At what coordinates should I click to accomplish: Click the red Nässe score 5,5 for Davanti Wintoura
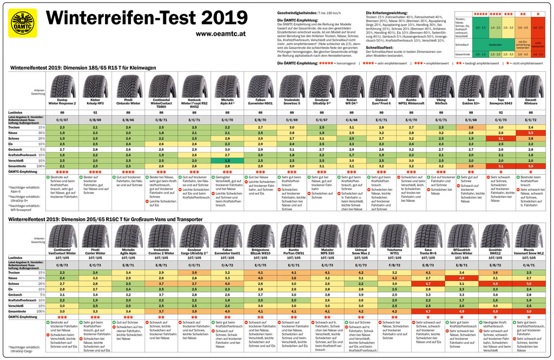tap(531, 132)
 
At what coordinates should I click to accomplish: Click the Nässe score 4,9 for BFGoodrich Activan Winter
tap(462, 278)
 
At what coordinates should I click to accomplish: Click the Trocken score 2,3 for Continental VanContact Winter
tap(63, 272)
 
